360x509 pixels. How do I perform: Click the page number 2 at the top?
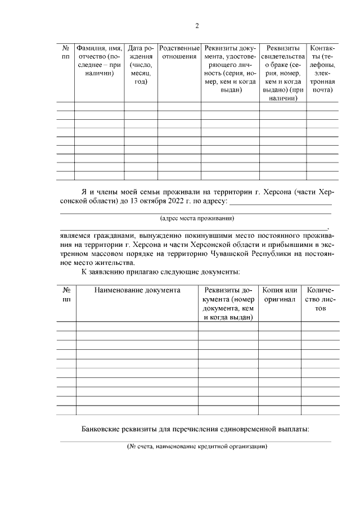(197, 25)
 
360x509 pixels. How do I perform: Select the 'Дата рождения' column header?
(141, 65)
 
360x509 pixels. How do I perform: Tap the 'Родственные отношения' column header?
(179, 52)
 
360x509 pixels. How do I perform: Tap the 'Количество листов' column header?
(320, 299)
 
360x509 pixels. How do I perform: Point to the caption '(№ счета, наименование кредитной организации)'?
(196, 447)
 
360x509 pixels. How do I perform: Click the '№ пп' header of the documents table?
(66, 295)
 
